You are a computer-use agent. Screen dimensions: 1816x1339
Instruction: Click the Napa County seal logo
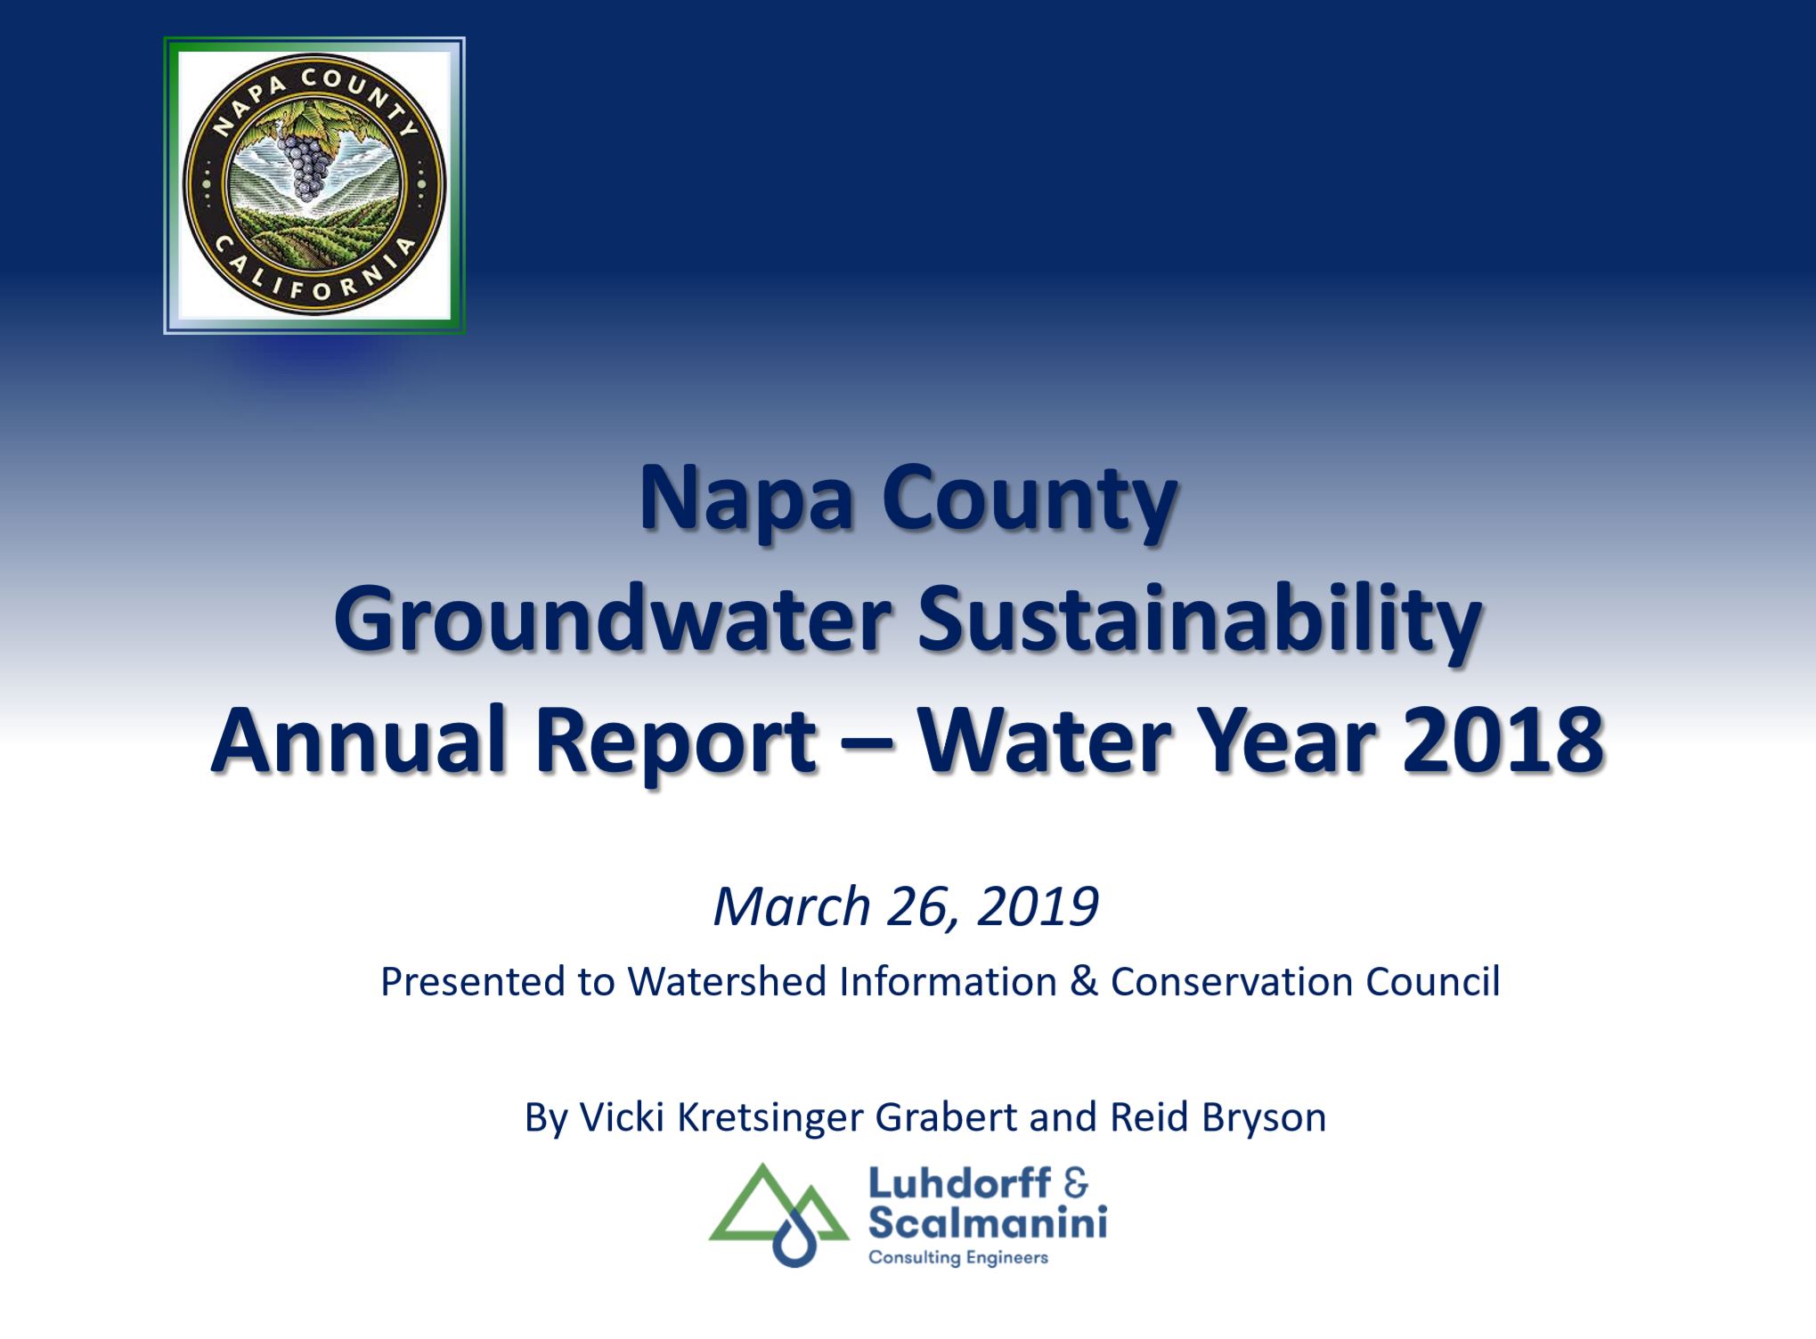314,185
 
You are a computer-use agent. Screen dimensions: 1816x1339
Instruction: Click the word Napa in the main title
750,501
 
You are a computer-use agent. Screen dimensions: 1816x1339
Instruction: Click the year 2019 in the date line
1038,906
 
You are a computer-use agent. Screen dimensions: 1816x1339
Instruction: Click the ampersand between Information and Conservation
1083,981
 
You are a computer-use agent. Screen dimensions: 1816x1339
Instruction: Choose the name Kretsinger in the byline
770,1117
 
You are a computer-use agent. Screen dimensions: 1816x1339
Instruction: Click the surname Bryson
1264,1118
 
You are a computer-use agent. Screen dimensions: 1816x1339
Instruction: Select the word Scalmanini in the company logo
988,1223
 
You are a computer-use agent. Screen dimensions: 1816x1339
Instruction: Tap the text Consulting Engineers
958,1258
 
